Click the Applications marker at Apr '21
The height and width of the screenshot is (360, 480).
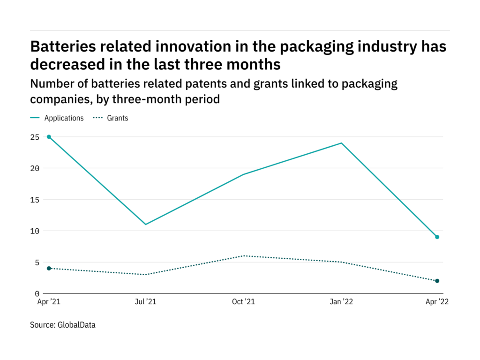pyautogui.click(x=49, y=137)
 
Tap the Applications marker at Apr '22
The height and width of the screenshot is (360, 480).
pyautogui.click(x=437, y=237)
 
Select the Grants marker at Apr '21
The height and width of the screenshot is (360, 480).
pyautogui.click(x=49, y=269)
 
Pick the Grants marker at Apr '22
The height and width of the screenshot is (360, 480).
pyautogui.click(x=437, y=281)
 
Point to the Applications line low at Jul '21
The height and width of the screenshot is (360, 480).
pyautogui.click(x=146, y=225)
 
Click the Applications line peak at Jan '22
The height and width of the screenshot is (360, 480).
pyautogui.click(x=341, y=143)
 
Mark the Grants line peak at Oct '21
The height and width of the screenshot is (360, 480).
pyautogui.click(x=243, y=255)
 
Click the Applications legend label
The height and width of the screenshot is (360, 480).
pyautogui.click(x=64, y=118)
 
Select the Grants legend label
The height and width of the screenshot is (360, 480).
pyautogui.click(x=118, y=118)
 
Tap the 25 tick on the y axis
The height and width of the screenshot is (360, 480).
pyautogui.click(x=35, y=137)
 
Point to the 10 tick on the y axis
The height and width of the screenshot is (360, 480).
pyautogui.click(x=35, y=231)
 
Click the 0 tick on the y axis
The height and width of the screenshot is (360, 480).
pyautogui.click(x=37, y=294)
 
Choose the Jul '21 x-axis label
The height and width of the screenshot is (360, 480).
pyautogui.click(x=146, y=302)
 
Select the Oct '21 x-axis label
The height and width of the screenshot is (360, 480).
pyautogui.click(x=243, y=302)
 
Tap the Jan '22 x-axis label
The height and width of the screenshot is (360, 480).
pyautogui.click(x=341, y=302)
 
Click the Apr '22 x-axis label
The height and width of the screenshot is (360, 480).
pyautogui.click(x=437, y=302)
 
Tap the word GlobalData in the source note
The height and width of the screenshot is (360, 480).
pyautogui.click(x=76, y=325)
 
